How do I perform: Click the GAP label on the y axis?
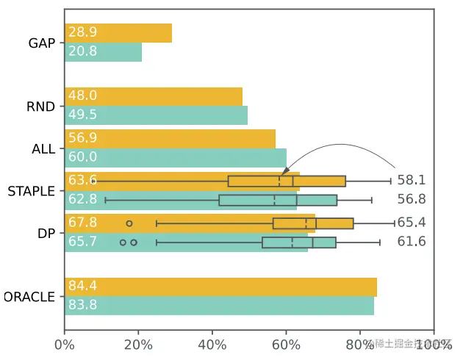point(42,43)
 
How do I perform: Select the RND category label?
point(41,107)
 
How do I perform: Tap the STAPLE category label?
point(31,191)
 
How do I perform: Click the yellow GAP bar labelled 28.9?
point(118,33)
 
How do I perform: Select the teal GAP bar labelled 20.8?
point(103,52)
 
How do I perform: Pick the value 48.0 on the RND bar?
point(82,96)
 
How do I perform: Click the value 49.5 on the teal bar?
point(82,115)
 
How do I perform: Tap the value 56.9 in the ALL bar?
point(82,138)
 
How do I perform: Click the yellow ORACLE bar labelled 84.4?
point(220,287)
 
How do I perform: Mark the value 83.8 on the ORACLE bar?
point(82,306)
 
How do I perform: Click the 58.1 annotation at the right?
point(412,180)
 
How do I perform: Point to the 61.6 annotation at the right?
point(412,242)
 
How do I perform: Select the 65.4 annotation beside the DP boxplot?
point(412,223)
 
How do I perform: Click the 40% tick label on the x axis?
point(212,345)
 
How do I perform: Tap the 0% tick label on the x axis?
point(65,345)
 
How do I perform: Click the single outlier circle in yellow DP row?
point(129,223)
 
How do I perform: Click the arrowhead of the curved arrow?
point(281,174)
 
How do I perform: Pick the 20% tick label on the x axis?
point(138,345)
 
